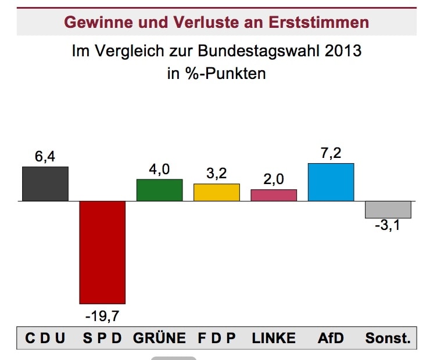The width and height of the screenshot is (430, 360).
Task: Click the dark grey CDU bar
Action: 45,183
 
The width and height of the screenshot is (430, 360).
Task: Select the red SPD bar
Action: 102,252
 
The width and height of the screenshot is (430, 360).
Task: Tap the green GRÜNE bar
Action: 159,190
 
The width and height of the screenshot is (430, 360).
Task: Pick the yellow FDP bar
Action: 216,192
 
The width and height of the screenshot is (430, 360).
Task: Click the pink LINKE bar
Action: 274,195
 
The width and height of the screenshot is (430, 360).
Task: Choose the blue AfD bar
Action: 331,182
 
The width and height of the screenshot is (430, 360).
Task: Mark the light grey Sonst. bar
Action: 388,210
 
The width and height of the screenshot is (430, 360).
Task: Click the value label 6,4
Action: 45,157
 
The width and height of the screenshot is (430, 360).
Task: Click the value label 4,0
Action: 159,170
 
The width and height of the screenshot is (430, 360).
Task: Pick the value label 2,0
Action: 274,179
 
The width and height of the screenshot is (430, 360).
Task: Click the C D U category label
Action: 45,339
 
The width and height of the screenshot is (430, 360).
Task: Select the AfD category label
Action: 331,339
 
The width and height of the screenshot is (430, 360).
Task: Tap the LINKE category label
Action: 274,339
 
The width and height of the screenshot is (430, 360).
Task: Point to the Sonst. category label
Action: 388,339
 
